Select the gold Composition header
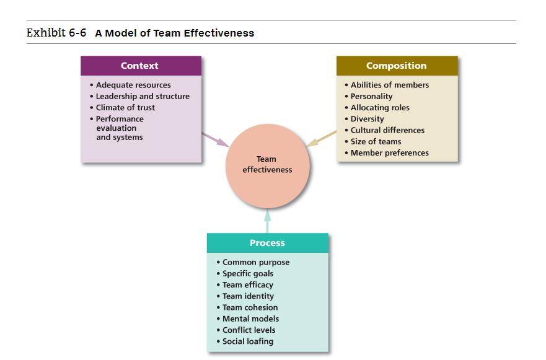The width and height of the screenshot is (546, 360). point(397,66)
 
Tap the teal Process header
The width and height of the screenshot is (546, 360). point(268,243)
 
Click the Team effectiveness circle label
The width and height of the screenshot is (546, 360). point(267,164)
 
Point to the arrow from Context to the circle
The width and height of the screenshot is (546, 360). point(215,139)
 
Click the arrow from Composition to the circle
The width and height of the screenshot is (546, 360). point(321,139)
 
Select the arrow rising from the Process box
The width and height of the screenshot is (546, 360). point(268,221)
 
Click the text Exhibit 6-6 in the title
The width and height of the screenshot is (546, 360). point(56,33)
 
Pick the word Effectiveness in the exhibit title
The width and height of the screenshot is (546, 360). point(219,33)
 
